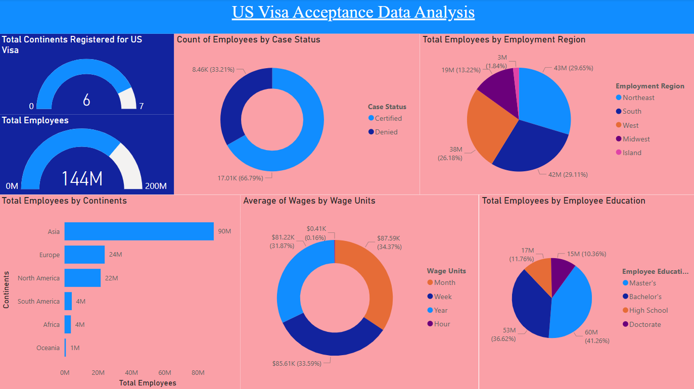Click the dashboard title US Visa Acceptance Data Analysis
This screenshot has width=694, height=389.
[x=353, y=12]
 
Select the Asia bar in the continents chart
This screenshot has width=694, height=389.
[x=138, y=231]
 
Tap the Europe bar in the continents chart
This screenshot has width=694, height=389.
[x=84, y=255]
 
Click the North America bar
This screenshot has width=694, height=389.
[x=82, y=278]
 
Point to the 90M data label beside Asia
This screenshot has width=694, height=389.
[x=224, y=231]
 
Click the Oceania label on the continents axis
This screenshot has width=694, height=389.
[x=48, y=348]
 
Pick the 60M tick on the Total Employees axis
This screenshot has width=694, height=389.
[x=165, y=372]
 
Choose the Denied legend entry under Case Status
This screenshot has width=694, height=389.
[x=386, y=132]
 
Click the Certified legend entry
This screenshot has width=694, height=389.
[x=388, y=118]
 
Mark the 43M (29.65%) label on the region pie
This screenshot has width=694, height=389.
[x=573, y=68]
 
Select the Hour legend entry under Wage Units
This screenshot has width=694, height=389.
[x=442, y=324]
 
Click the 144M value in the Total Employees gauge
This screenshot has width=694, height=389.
[x=82, y=179]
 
